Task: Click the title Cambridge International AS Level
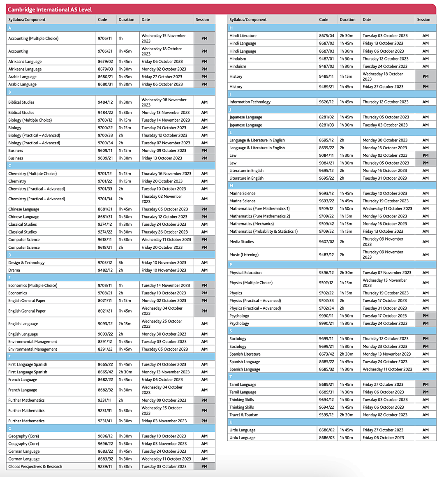[50, 9]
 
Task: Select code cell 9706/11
[104, 38]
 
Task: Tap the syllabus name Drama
[14, 270]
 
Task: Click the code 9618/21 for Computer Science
[104, 248]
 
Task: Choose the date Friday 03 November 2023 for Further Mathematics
[164, 421]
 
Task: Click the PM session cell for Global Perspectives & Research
[204, 467]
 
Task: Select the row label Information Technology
[250, 102]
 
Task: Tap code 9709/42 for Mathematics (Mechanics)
[326, 224]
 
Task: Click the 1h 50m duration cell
[346, 208]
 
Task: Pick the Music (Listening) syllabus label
[244, 255]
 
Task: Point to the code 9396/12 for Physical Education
[326, 273]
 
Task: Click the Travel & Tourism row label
[244, 415]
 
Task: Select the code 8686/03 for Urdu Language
[326, 438]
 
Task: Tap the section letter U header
[231, 422]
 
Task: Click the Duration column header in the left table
[126, 20]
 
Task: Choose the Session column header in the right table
[423, 20]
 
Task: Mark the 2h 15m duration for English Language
[125, 324]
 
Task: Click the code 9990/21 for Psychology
[326, 323]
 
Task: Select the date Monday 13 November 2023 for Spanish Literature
[386, 354]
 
